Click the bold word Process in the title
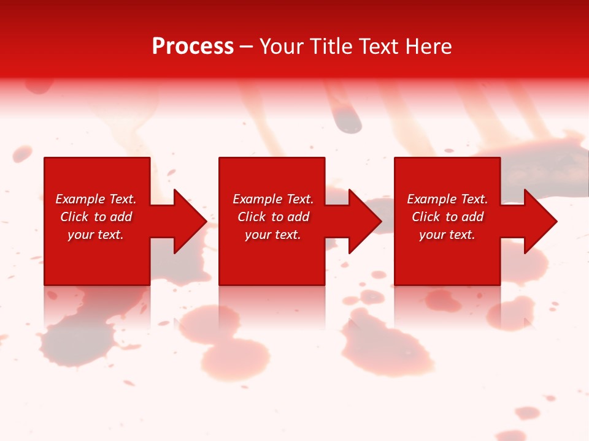tap(193, 47)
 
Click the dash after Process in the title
tap(247, 47)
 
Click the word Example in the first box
tap(80, 199)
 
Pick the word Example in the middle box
tap(258, 199)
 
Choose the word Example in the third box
tap(432, 199)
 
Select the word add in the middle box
tap(298, 217)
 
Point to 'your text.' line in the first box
tap(96, 235)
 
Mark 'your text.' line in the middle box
tap(273, 235)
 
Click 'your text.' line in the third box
tap(447, 235)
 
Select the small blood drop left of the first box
tap(21, 153)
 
